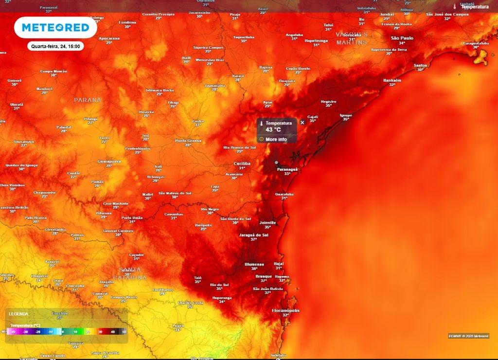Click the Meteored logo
tap(55, 28)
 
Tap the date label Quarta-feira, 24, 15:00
tap(55, 47)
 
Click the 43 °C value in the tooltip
tap(273, 130)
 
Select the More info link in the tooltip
tap(276, 140)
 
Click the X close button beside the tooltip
tap(302, 123)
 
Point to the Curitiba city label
tap(242, 163)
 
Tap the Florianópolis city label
tap(285, 310)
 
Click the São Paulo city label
tap(402, 38)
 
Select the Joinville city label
tap(267, 222)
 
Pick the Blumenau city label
tap(254, 264)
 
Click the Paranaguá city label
tap(287, 169)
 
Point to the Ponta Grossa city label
tap(188, 141)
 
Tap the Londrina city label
tap(127, 22)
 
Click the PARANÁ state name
tap(88, 100)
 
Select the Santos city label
tap(420, 65)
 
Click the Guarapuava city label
tap(109, 161)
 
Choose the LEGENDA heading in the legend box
tap(18, 314)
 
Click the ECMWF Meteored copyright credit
tap(468, 336)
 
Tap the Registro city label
tap(329, 102)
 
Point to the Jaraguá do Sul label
tap(254, 234)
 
